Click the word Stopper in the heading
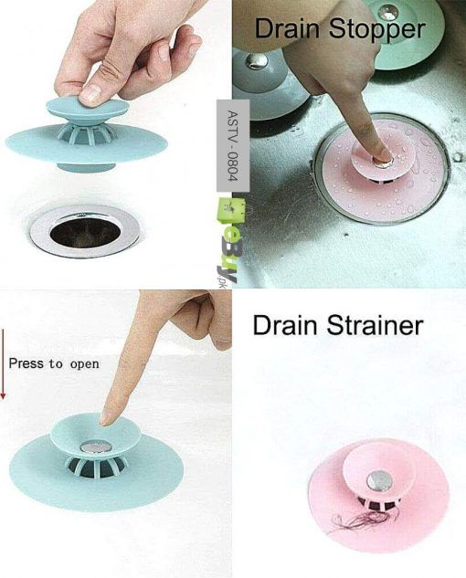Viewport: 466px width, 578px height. [376, 29]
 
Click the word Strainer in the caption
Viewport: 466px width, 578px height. [376, 326]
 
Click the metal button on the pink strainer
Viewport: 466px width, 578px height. [376, 481]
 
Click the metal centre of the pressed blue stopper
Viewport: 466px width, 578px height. [95, 446]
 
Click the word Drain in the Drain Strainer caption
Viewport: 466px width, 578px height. [282, 326]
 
